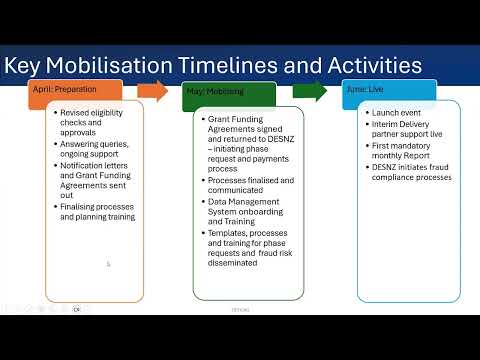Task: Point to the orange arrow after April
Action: click(152, 91)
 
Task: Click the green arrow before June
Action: click(308, 91)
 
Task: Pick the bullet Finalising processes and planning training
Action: click(96, 211)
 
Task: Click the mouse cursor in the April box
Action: click(108, 265)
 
